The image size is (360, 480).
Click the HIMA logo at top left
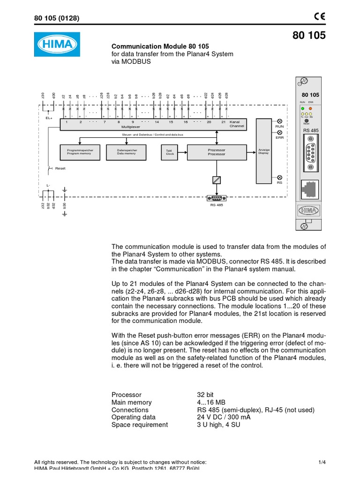[x=57, y=45]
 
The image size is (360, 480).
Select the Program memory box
[x=80, y=152]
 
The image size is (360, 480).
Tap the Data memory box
[x=127, y=152]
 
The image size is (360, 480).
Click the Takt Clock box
[x=170, y=152]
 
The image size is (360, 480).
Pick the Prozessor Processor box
[x=217, y=152]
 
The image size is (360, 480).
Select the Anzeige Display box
[x=264, y=151]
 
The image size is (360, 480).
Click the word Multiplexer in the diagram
[x=131, y=127]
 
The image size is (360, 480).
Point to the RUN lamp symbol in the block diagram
[x=279, y=121]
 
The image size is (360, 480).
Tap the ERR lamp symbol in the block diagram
[x=279, y=133]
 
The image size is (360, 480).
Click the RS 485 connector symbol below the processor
[x=217, y=197]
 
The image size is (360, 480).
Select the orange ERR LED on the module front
[x=310, y=109]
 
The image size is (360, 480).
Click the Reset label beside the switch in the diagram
[x=60, y=168]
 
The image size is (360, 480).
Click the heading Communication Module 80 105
[x=160, y=46]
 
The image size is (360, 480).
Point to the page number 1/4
[x=322, y=462]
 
